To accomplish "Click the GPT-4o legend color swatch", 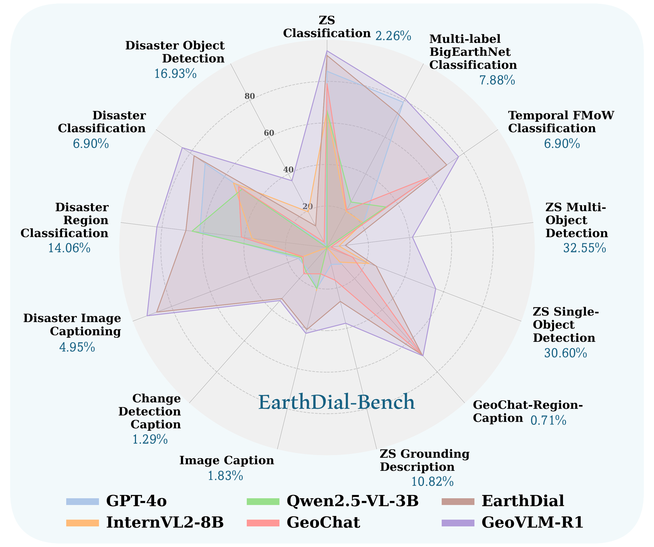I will (x=82, y=502).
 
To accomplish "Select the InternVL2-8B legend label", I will (x=165, y=522).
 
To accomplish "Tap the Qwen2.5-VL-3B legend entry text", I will (x=353, y=501).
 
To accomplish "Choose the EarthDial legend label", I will (x=523, y=501).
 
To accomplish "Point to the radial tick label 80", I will (x=250, y=96).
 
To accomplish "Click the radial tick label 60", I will (x=269, y=133).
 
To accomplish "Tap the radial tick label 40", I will (x=288, y=170).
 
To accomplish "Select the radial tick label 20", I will (x=308, y=207).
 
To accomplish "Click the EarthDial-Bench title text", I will (x=336, y=402).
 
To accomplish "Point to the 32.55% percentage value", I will (x=585, y=248).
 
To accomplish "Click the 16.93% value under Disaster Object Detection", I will (x=175, y=74).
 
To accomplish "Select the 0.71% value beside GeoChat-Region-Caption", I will (x=548, y=421).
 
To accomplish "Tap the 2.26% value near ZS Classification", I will (x=393, y=36).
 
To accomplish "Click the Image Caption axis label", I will (x=227, y=461).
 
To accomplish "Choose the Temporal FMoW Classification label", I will (x=561, y=122).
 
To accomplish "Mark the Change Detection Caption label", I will (x=156, y=411).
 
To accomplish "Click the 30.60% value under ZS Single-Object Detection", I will (x=566, y=353).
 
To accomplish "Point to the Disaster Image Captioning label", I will (x=72, y=324).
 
